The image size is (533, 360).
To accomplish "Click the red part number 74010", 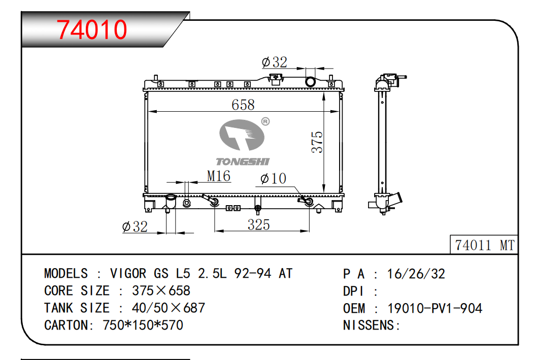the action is click(92, 29).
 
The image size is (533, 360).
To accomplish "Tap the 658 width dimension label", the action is click(243, 105).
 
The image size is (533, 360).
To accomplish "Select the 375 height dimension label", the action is click(317, 142).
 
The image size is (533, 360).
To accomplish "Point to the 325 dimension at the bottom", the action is click(259, 225).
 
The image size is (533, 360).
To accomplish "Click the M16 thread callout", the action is click(219, 176).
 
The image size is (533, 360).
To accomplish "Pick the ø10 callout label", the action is click(273, 178).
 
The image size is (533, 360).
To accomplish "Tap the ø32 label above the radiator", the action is click(275, 62).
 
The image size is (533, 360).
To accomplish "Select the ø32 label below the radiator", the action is click(135, 227).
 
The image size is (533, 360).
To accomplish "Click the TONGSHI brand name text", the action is click(243, 161).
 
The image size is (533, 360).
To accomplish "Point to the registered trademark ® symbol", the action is click(265, 121).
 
